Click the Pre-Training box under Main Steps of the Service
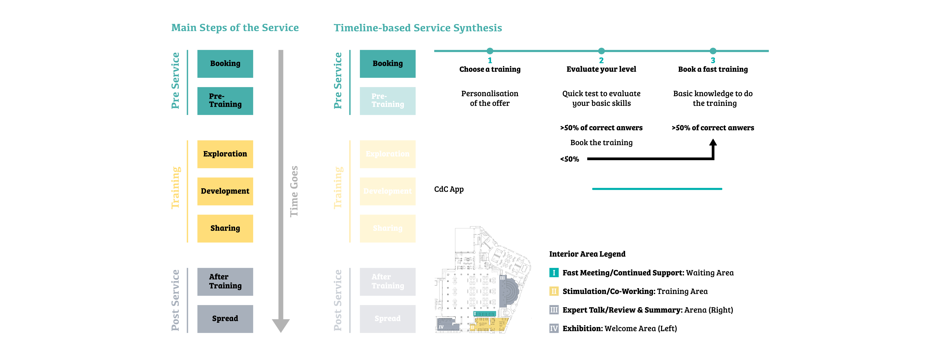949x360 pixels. coord(225,101)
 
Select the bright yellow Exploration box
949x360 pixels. coord(225,154)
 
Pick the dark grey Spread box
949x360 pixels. coord(225,319)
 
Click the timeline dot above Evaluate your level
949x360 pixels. coord(601,51)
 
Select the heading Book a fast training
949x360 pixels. coord(713,69)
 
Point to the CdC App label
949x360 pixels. coord(449,189)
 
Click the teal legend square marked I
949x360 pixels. coord(554,273)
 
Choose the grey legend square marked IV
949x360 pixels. coord(554,328)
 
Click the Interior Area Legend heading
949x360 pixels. coord(587,254)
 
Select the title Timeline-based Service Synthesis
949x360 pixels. coord(418,28)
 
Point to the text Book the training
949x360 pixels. coord(601,143)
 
